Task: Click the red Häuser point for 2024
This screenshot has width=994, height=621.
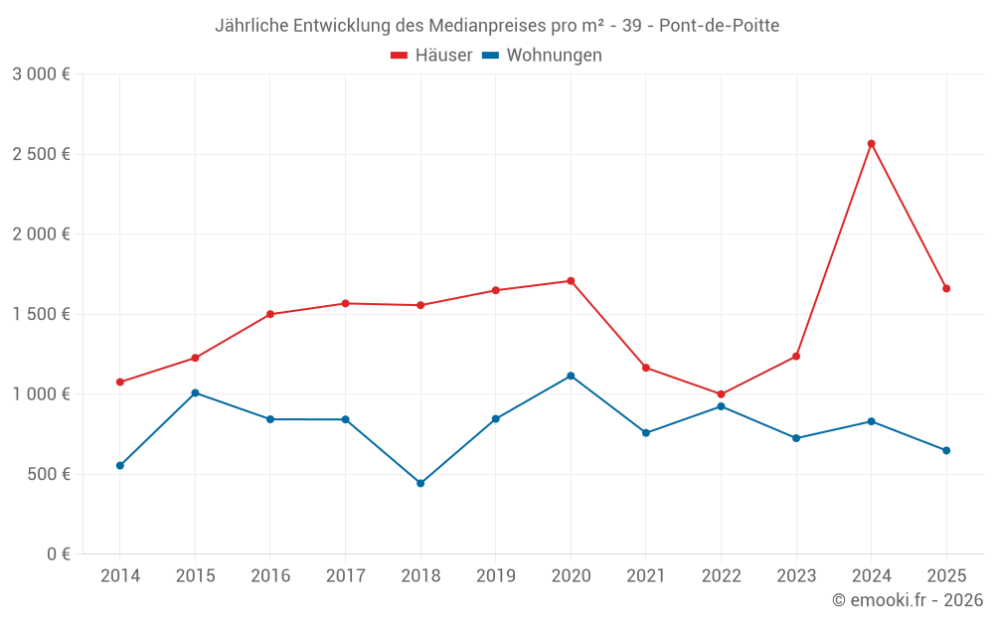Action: coord(871,144)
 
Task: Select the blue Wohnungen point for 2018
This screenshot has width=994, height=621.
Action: coord(420,483)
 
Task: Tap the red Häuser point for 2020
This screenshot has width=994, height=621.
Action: coord(571,281)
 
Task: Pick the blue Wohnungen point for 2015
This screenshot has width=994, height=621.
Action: coord(195,392)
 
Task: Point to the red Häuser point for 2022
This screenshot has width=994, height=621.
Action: coord(721,394)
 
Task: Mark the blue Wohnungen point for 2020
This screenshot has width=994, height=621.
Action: coord(571,376)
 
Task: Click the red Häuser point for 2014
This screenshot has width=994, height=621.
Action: coord(120,382)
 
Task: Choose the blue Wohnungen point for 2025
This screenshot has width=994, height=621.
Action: coord(946,450)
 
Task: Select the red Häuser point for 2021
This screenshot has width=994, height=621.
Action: coord(646,368)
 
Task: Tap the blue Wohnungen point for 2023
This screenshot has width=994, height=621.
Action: coord(796,438)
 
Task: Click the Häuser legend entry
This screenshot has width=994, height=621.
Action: coord(431,56)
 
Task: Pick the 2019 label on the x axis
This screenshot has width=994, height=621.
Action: coord(495,576)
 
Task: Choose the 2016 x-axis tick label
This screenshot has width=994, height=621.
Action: coord(270,576)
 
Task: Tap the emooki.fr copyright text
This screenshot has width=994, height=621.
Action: coord(908,600)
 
